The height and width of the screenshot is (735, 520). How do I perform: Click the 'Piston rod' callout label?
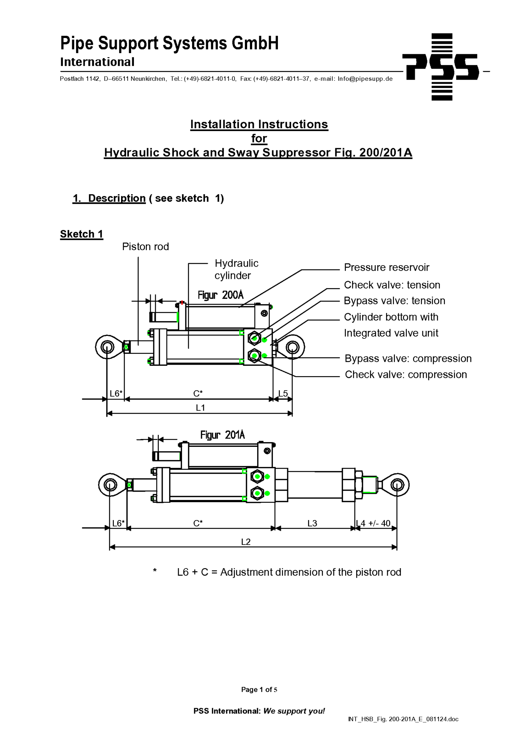145,247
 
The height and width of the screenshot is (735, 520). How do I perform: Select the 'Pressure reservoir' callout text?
386,267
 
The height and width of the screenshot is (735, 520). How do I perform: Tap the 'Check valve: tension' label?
392,285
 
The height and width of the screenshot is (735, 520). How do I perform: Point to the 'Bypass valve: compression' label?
408,359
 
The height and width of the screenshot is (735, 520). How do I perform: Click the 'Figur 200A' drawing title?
220,295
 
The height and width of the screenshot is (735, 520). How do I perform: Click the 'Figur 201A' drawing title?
222,435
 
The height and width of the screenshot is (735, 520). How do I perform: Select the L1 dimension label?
200,408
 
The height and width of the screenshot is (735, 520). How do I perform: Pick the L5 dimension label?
283,393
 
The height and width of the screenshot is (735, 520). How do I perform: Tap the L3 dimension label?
312,523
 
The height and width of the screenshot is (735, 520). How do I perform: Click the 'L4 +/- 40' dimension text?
373,523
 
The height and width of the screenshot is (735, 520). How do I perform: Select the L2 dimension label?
246,542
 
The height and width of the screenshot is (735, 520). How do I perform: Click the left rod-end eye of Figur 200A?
107,347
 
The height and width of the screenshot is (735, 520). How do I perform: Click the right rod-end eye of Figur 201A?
397,485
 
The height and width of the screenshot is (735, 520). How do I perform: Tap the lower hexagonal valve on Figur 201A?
257,493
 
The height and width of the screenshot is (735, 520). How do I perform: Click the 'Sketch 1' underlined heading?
82,234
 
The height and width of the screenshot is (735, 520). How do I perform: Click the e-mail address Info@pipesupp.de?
365,79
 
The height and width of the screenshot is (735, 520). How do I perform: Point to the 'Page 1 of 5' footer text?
259,689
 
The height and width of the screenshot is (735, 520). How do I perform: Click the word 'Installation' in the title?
222,124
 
